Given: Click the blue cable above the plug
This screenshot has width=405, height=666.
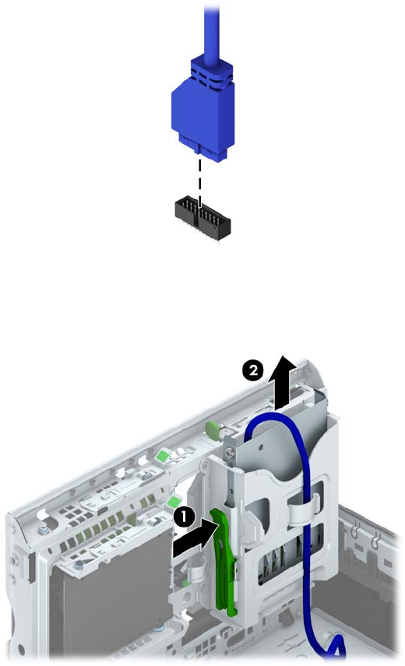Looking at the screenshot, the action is click(x=211, y=30).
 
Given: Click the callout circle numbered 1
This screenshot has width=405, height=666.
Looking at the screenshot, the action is click(x=183, y=517).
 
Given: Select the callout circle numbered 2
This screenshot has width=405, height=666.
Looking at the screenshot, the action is click(x=252, y=370).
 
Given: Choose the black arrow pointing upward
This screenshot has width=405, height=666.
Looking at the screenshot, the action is click(x=283, y=381).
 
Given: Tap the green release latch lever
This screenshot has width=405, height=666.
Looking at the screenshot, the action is click(x=225, y=562).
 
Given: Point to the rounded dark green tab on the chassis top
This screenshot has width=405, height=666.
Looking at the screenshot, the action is click(x=212, y=428).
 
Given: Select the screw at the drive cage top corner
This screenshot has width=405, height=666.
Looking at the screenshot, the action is click(x=230, y=454).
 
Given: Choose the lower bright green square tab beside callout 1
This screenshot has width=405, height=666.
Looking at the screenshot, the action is click(x=173, y=503).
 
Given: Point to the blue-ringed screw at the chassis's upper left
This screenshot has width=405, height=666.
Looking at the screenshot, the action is click(x=44, y=531).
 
